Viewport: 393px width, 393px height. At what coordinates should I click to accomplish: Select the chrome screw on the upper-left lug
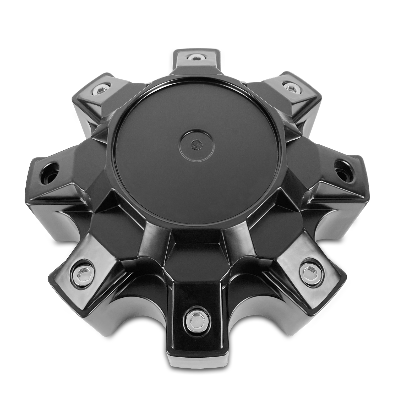(100, 90)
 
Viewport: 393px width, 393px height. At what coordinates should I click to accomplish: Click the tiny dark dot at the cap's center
(195, 144)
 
